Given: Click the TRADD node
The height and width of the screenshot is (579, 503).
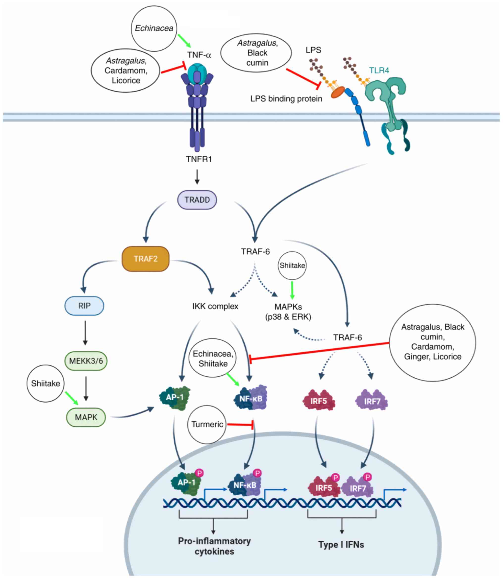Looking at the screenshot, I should (x=197, y=200).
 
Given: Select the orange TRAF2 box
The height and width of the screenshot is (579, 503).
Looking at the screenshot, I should (x=145, y=258).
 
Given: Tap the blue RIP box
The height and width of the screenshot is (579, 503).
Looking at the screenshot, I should (x=84, y=306).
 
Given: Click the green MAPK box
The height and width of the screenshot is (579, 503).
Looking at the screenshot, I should (x=86, y=417).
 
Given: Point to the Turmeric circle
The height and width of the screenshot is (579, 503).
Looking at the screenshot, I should (x=207, y=424).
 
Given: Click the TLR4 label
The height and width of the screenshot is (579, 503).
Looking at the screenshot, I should (x=379, y=71).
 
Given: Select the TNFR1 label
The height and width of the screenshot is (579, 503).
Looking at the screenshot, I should (x=199, y=159).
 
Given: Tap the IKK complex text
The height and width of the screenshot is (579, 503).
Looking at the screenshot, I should (x=215, y=306).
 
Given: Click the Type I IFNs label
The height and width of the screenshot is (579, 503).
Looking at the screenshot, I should (x=341, y=545).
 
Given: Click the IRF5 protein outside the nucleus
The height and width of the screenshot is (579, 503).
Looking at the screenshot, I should (x=319, y=401).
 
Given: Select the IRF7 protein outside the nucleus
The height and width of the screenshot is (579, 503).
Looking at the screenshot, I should (x=372, y=401).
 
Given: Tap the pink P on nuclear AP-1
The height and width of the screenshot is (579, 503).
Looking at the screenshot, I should (x=199, y=473).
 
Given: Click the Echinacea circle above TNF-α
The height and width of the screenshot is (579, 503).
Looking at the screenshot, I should (x=154, y=28).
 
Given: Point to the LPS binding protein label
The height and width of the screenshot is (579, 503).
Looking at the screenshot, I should (x=286, y=99).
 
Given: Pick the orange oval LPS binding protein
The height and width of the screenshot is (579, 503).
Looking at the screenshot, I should (x=338, y=92).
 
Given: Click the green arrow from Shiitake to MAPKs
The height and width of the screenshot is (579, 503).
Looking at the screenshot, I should (x=292, y=290).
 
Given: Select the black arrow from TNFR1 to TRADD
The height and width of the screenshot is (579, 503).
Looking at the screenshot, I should (x=197, y=177).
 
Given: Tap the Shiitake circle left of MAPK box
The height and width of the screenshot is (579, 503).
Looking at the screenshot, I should (x=46, y=383).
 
